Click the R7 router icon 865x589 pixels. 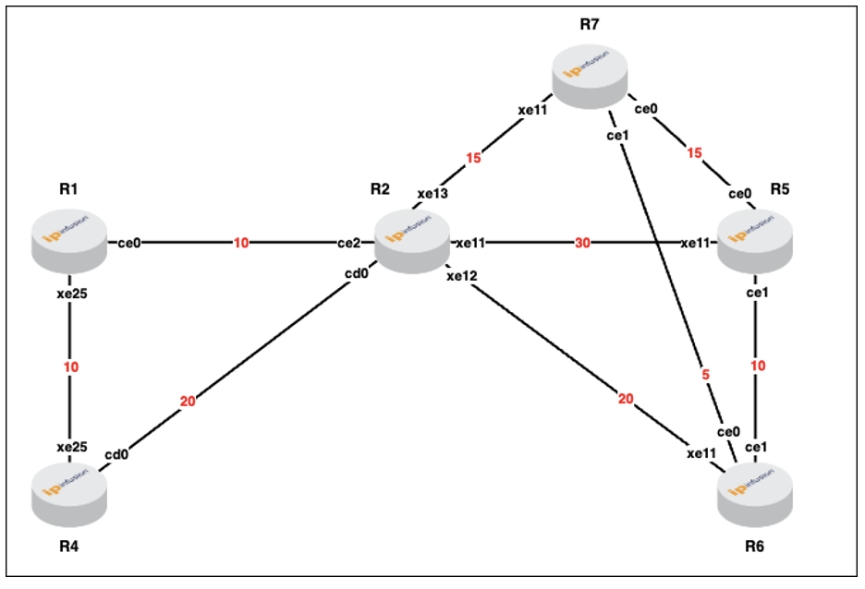point(590,77)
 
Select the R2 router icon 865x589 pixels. point(412,241)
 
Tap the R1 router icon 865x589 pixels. point(69,241)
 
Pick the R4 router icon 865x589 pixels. point(69,494)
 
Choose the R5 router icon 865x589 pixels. point(755,241)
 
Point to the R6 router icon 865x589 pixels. point(755,494)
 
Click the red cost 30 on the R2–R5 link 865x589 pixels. point(582,243)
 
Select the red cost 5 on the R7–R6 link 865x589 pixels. point(705,375)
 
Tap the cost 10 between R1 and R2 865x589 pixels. point(241,243)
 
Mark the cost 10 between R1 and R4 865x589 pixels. point(70,367)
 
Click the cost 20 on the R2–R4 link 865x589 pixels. point(188,402)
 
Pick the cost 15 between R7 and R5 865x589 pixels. point(695,152)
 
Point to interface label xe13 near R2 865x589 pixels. point(432,193)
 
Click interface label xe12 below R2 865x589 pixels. point(462,276)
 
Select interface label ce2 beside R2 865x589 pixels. point(348,243)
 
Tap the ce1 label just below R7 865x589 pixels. point(617,136)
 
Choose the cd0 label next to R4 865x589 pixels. point(116,454)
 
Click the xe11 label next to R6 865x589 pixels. point(701,453)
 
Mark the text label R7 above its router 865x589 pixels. point(590,24)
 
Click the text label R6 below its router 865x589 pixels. point(754,546)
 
